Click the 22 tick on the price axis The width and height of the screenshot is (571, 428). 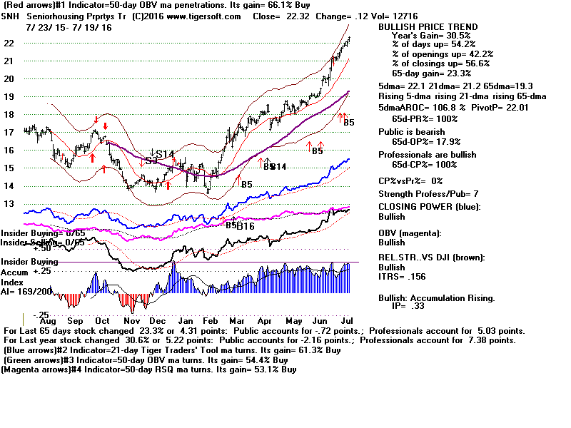[x=9, y=43]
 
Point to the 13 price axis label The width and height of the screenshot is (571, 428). [x=9, y=203]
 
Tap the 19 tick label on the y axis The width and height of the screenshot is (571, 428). [x=9, y=96]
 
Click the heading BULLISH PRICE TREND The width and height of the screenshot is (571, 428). [x=427, y=26]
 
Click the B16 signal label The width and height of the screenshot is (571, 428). [x=246, y=226]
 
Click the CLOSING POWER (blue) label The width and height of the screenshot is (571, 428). [x=429, y=207]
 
